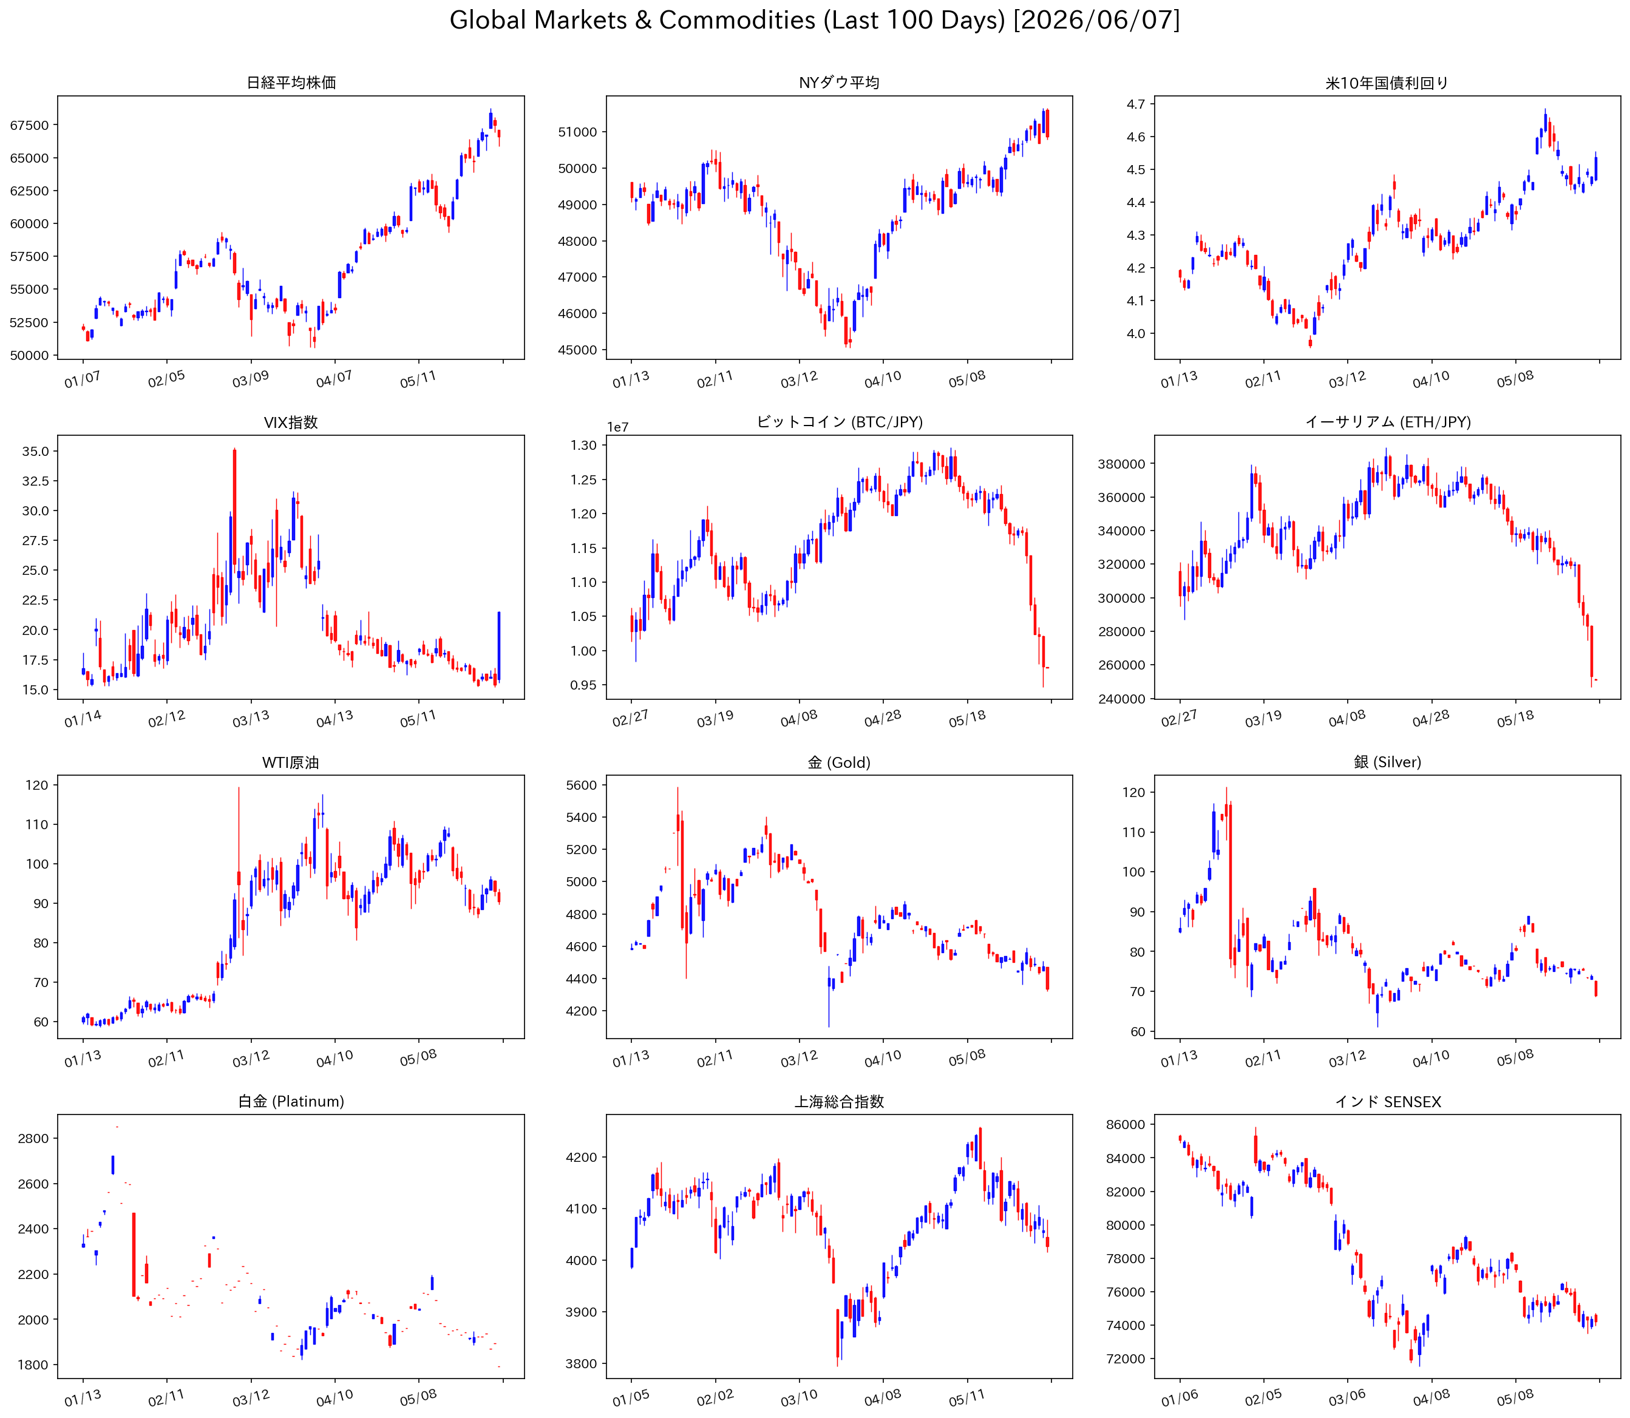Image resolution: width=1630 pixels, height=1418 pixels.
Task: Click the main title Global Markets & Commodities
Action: (632, 20)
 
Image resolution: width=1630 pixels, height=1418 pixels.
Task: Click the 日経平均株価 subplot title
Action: (291, 83)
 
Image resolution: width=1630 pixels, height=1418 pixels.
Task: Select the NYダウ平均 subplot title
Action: (839, 83)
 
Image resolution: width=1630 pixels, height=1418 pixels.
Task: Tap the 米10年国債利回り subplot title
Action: (1387, 83)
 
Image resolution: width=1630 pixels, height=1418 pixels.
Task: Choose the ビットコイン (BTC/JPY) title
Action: (840, 422)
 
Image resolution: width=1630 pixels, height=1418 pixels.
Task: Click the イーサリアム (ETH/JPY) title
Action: (1388, 422)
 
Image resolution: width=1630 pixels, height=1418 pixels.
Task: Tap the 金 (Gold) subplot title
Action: (839, 762)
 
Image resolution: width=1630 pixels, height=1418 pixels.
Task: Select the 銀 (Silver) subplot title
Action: (1388, 762)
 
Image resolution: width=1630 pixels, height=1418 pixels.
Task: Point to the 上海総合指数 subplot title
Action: (840, 1102)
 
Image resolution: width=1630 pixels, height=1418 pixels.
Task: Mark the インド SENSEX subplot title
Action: (1388, 1102)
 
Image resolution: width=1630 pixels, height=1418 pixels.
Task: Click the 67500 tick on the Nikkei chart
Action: (29, 125)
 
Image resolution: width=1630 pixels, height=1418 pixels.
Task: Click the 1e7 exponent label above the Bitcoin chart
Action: (618, 427)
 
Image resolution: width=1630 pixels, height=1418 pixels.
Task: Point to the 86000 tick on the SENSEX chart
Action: (1125, 1124)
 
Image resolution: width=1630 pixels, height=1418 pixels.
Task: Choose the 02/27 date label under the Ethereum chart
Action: (1179, 717)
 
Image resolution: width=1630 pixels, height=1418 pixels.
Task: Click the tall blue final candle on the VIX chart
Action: (498, 646)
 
